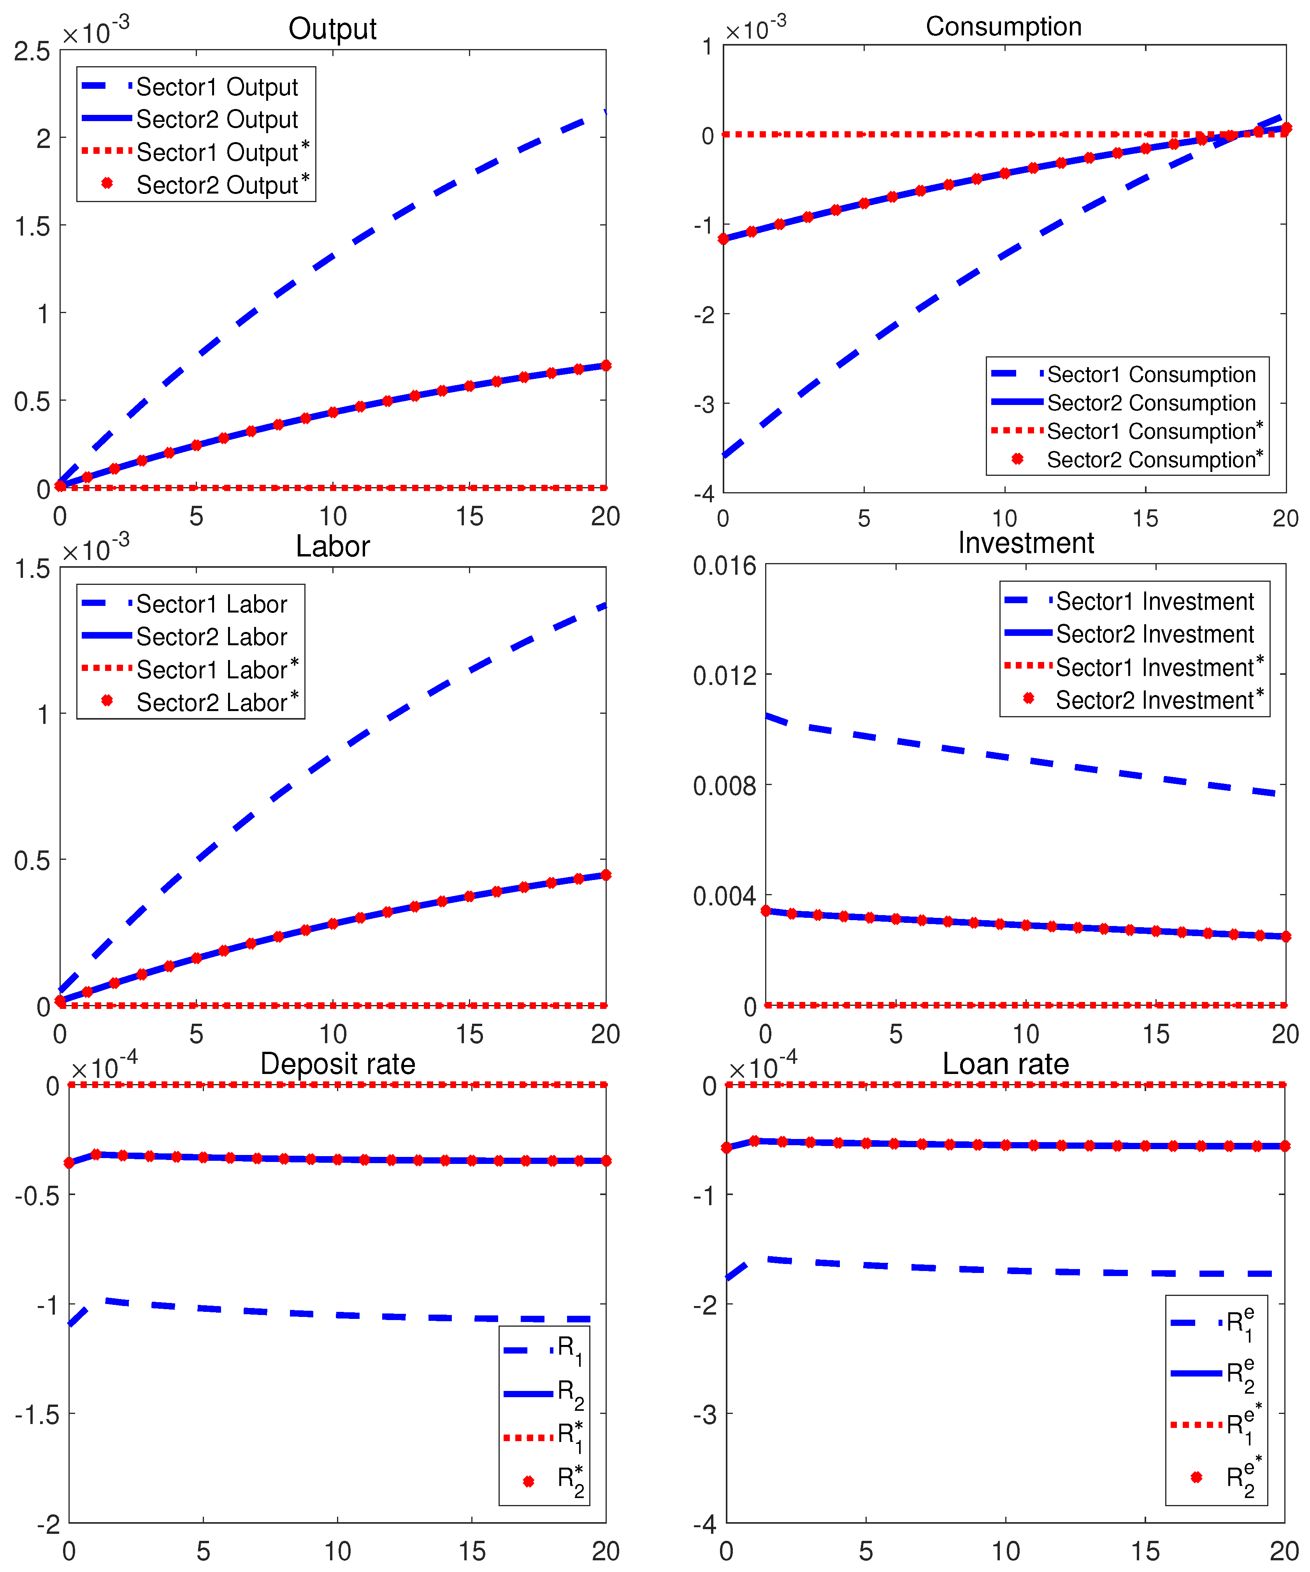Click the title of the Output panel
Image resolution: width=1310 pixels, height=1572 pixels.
(x=332, y=29)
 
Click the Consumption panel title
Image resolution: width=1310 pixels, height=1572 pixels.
(x=1003, y=27)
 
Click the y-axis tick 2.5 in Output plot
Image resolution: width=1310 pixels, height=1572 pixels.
(x=32, y=52)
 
